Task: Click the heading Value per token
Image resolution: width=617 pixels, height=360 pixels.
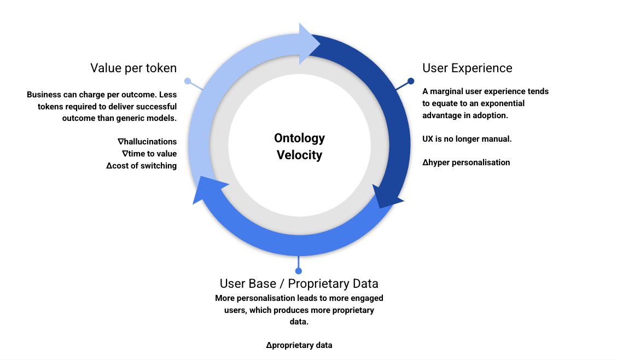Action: [x=133, y=68]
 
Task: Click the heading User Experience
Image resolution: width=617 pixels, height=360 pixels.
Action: [x=467, y=68]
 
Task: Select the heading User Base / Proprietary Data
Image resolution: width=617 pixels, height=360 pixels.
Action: [x=299, y=283]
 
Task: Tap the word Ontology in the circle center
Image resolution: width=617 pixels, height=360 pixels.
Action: [x=299, y=138]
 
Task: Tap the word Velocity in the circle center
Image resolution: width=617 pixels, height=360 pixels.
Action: [x=299, y=155]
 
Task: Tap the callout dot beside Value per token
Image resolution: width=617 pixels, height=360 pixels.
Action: [x=188, y=81]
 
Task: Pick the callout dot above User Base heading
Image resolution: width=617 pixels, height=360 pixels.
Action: [x=298, y=271]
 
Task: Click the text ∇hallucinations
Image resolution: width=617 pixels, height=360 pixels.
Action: [x=147, y=141]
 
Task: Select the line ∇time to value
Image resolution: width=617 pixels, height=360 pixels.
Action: [x=149, y=153]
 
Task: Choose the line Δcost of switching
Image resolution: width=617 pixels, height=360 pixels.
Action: [x=141, y=165]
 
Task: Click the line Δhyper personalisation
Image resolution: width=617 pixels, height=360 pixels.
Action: [x=466, y=162]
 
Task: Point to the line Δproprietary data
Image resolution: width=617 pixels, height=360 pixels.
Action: [x=299, y=345]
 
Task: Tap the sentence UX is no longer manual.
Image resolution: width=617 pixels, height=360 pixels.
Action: [x=467, y=138]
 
